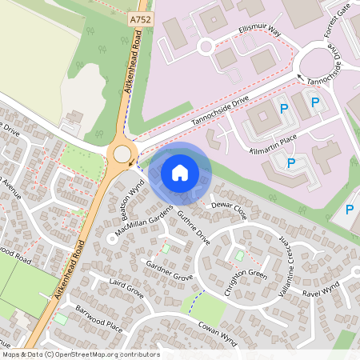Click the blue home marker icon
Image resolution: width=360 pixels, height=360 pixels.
click(180, 172)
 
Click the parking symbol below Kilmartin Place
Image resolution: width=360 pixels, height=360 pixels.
click(291, 163)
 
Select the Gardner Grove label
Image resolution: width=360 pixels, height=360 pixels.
click(170, 270)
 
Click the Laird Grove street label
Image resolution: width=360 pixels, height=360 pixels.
click(126, 289)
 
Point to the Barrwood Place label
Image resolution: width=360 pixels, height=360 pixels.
click(99, 318)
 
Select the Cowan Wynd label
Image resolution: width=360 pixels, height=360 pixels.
click(218, 334)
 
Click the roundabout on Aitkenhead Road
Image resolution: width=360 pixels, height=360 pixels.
click(122, 154)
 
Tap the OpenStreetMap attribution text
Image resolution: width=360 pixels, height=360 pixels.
click(80, 354)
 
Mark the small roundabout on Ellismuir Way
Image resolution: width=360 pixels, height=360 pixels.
click(206, 46)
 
